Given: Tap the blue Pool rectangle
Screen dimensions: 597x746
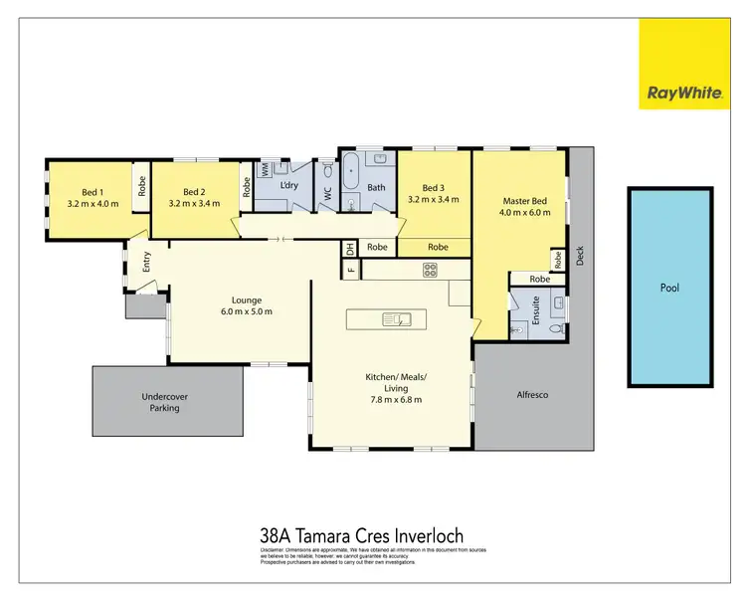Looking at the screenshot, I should pyautogui.click(x=670, y=288).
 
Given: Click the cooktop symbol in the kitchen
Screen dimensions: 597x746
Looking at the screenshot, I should pyautogui.click(x=430, y=269).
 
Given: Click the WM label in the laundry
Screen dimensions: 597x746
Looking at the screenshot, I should pyautogui.click(x=265, y=170).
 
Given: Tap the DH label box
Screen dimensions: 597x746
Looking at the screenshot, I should pyautogui.click(x=350, y=248).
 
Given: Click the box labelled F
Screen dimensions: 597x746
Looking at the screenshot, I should pyautogui.click(x=350, y=269).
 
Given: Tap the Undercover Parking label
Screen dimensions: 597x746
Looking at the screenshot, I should pyautogui.click(x=164, y=402).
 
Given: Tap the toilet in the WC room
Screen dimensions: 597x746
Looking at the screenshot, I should pyautogui.click(x=327, y=194).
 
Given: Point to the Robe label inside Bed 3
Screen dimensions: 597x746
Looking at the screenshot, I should pyautogui.click(x=437, y=247).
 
